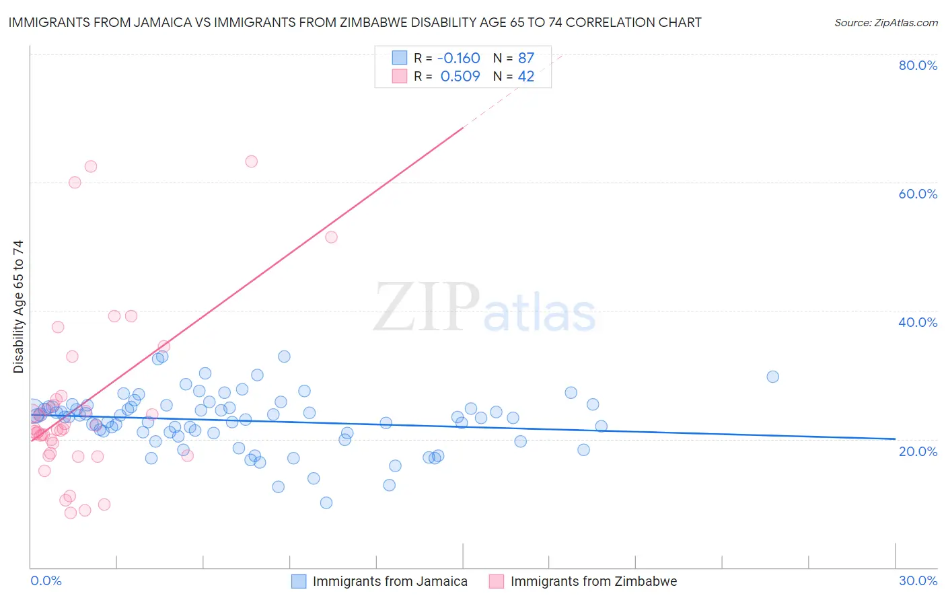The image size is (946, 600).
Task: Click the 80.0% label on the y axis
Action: point(918,65)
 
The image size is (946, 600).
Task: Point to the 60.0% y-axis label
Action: point(918,194)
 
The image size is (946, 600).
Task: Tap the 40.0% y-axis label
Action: point(918,322)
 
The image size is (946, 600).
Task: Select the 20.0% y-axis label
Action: point(918,451)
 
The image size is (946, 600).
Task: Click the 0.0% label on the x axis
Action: point(46,580)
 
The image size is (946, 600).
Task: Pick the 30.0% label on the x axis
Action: point(918,580)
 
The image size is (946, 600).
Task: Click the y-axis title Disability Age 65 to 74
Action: point(18,307)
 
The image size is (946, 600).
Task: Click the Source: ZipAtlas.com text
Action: point(885,23)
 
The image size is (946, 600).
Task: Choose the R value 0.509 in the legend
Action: point(460,77)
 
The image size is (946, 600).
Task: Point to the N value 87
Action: point(525,59)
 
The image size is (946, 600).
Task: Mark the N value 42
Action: point(525,77)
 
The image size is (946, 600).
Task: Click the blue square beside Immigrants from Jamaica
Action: point(299,581)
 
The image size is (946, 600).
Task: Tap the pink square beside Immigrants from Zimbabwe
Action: point(497,581)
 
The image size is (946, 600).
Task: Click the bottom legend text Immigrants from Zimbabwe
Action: point(593,581)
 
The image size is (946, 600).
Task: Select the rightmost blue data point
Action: point(772,377)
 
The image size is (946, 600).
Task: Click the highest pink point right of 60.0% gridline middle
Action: point(251,161)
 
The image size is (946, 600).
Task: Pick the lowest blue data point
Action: point(326,502)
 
